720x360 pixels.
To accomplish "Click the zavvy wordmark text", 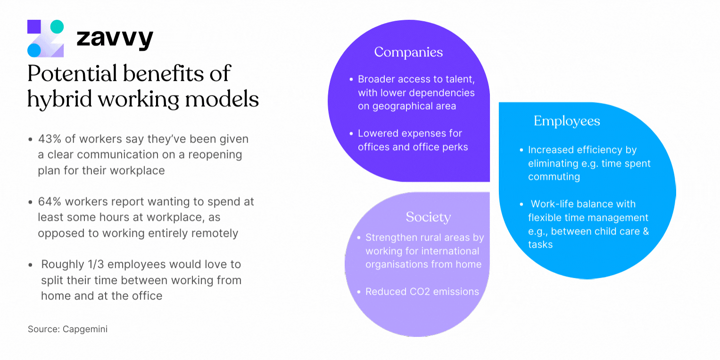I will coord(115,39).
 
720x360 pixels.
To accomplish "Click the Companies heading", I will coord(408,52).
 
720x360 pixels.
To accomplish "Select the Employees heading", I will coord(567,121).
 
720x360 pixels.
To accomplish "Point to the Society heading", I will coord(428,217).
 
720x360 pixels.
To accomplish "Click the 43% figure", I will coord(49,139).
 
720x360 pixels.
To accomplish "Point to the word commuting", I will coord(554,176).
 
